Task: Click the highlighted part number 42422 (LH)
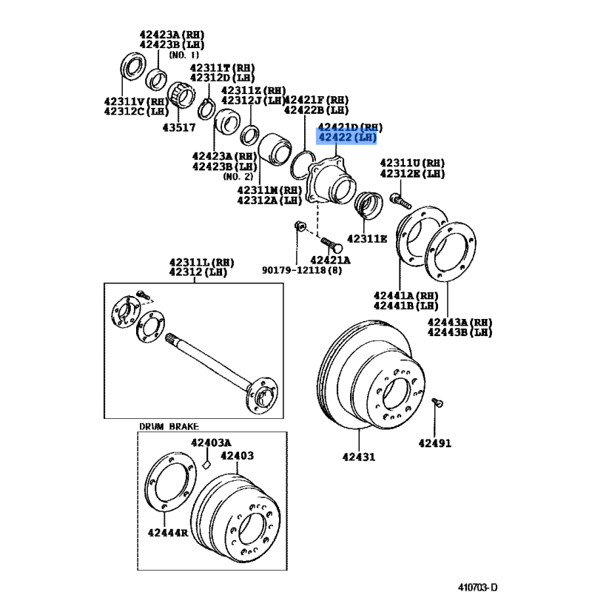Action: point(346,138)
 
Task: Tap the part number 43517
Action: point(178,127)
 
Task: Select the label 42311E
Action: point(369,238)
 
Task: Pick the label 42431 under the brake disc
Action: point(358,457)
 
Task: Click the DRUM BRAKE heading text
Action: point(169,426)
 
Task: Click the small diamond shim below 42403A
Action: point(208,465)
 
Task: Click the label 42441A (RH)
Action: point(406,295)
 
